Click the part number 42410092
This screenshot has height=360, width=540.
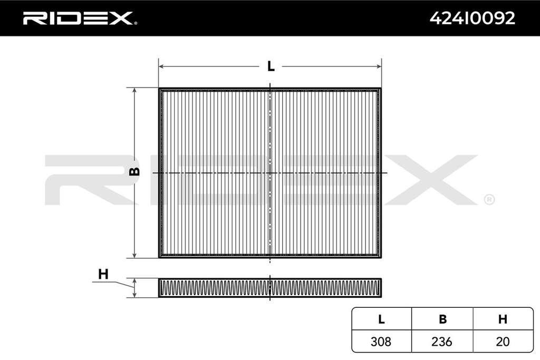pos(472,18)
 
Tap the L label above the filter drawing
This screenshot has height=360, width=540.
pos(271,66)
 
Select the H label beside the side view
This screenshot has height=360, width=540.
pos(103,274)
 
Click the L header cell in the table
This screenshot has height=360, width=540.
pos(381,319)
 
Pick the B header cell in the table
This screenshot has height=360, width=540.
pos(442,319)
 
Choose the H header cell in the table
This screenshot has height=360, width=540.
pos(503,319)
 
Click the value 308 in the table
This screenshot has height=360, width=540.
pos(381,342)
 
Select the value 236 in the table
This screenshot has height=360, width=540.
pos(441,342)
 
